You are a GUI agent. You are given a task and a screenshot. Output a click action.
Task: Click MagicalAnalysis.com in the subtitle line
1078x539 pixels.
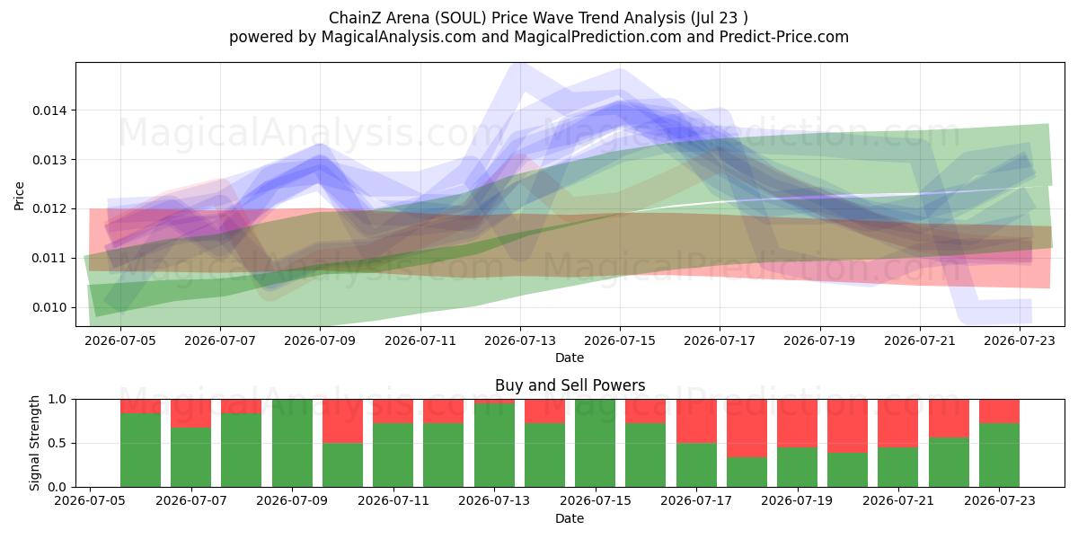(399, 37)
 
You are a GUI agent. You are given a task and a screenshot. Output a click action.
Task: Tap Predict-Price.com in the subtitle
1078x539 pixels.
(784, 37)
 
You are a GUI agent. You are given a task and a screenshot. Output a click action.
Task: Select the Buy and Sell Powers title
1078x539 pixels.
(570, 385)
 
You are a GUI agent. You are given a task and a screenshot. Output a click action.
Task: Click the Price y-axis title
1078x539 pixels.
(19, 196)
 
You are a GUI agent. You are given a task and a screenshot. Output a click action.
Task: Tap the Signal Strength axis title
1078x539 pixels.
(34, 443)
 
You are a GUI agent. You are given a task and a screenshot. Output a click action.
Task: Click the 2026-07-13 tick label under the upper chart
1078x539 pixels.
(520, 340)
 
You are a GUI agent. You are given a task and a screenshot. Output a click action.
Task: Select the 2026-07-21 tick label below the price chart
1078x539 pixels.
(920, 340)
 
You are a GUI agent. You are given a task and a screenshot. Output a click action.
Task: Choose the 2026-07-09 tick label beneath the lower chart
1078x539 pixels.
(292, 500)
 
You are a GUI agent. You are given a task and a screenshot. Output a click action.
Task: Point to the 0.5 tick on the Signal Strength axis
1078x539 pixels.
(57, 443)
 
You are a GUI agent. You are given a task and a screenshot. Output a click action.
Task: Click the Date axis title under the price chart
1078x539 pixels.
(570, 358)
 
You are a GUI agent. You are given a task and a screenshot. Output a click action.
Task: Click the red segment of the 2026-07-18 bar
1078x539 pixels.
(747, 429)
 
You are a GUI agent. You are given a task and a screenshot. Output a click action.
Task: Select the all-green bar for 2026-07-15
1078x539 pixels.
(596, 443)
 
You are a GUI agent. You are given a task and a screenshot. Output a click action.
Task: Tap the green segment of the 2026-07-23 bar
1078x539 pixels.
(1000, 455)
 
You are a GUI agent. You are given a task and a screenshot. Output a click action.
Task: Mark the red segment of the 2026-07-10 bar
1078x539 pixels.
(342, 421)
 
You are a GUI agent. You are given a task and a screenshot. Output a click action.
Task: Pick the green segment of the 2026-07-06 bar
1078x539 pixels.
(140, 450)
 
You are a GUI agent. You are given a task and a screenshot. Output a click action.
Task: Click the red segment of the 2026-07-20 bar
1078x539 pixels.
(848, 426)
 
